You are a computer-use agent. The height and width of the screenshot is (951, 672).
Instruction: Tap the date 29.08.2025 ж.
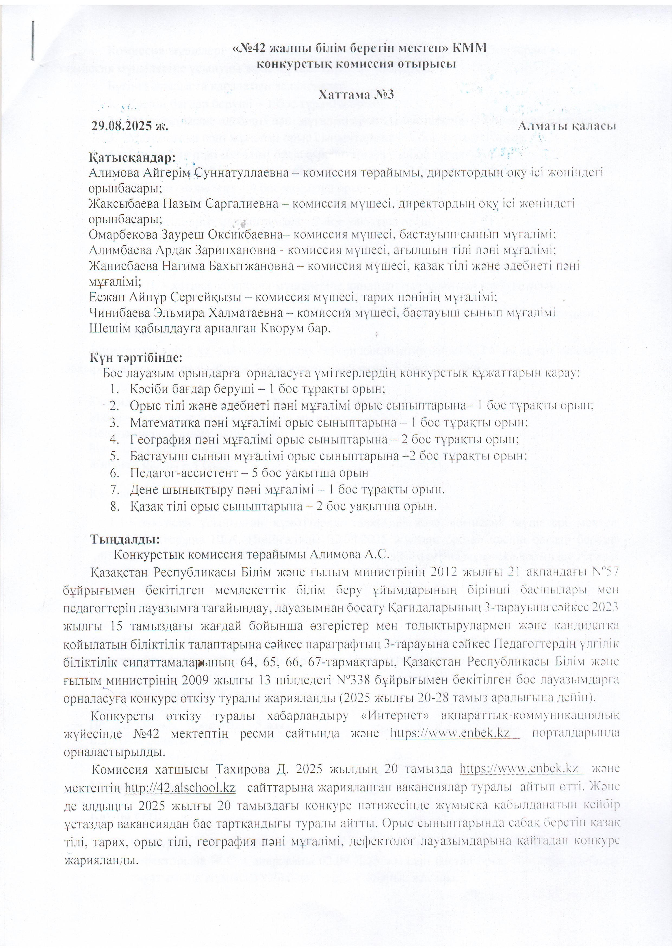(x=130, y=126)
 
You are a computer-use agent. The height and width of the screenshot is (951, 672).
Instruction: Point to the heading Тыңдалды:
(x=125, y=539)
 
